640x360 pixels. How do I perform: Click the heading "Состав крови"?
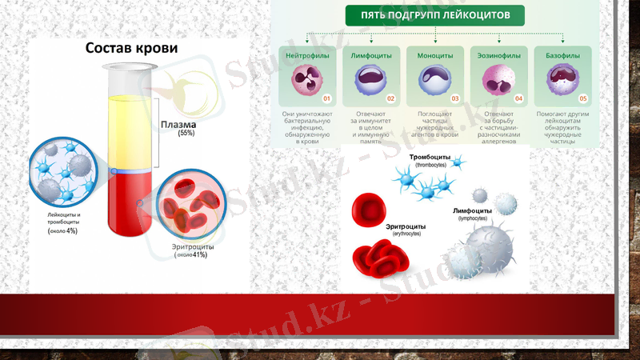131,48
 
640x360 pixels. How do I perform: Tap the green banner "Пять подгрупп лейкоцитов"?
435,14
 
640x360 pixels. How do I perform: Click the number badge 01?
326,98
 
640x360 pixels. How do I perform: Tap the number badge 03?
455,98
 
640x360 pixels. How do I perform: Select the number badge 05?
583,98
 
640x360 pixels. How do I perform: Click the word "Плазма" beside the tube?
178,125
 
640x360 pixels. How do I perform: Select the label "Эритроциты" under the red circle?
191,247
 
